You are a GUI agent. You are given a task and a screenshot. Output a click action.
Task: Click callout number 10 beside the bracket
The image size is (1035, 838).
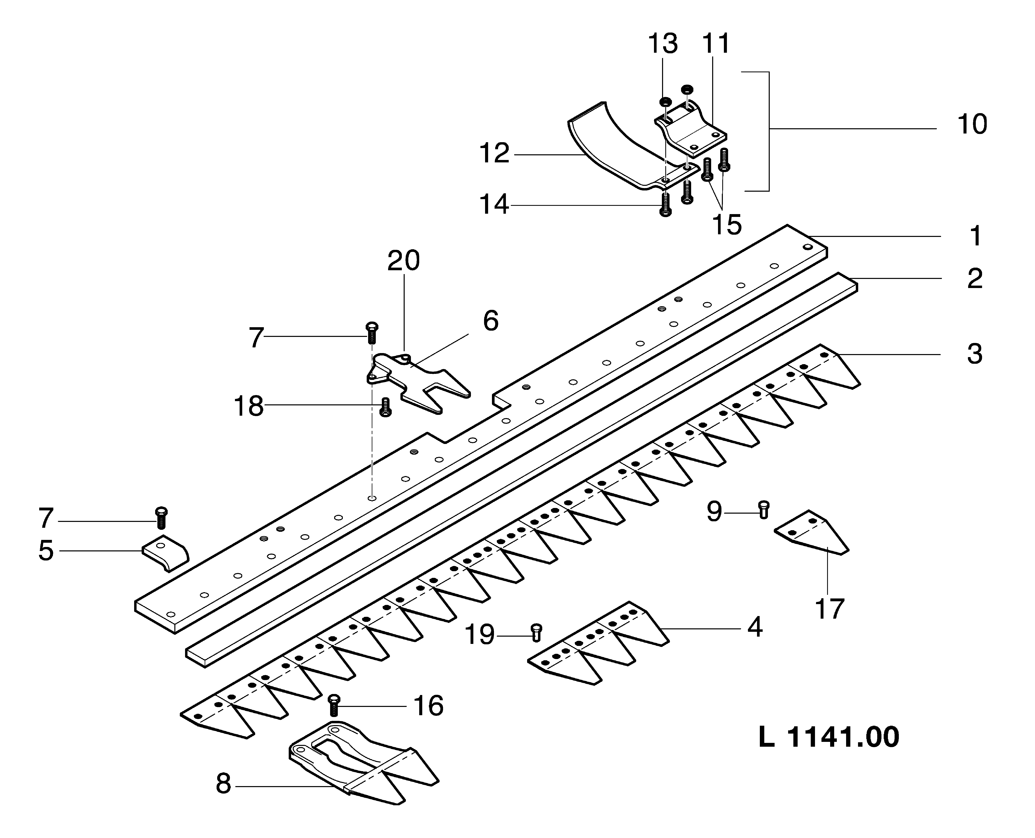(972, 125)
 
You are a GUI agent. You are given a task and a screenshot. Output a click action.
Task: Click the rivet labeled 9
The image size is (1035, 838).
(763, 510)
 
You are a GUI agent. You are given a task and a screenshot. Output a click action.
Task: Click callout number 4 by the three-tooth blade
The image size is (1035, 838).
(755, 628)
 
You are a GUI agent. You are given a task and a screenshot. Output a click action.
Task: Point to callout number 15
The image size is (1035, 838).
(727, 225)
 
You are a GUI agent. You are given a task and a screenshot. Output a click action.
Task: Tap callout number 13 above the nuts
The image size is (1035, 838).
(662, 44)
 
